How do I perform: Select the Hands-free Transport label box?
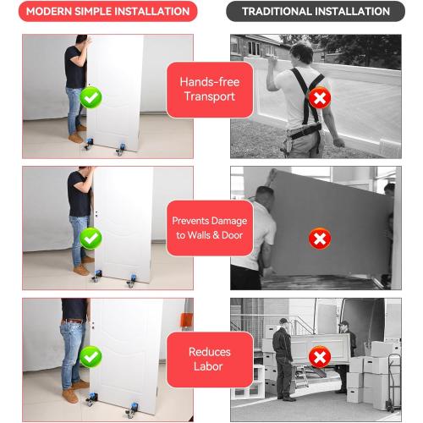click(x=210, y=90)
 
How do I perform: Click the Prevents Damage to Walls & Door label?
click(x=210, y=228)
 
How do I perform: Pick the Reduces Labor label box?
click(x=210, y=360)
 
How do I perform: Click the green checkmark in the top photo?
click(x=91, y=97)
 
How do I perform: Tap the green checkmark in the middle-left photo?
click(x=91, y=239)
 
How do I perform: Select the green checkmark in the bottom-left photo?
click(x=91, y=357)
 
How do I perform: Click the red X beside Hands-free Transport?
click(x=320, y=98)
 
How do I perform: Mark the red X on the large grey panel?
click(x=320, y=239)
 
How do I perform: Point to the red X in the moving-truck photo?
click(x=320, y=357)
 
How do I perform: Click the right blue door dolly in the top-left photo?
click(x=121, y=149)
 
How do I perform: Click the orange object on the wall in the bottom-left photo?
click(x=186, y=319)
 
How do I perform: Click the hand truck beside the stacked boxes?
click(x=393, y=382)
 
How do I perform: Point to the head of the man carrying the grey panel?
click(x=265, y=194)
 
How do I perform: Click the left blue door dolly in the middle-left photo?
click(x=96, y=276)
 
